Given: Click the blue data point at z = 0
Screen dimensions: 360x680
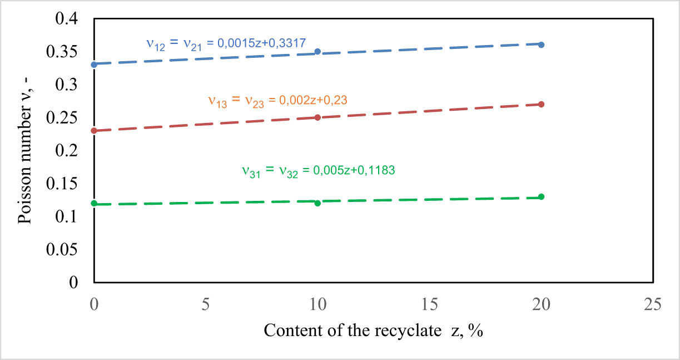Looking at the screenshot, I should click(x=94, y=65).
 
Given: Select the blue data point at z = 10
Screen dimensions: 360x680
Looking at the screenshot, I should click(x=317, y=52).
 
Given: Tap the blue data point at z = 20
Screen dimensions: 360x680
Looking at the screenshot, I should click(x=541, y=45).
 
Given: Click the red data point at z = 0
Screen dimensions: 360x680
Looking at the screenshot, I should click(x=94, y=131).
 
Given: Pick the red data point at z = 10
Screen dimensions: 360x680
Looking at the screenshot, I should click(x=317, y=117).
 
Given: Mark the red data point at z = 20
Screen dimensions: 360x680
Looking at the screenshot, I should click(x=541, y=105).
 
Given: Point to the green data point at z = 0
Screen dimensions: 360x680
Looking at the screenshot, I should click(x=94, y=204).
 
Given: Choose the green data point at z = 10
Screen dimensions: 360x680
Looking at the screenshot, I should click(x=317, y=203).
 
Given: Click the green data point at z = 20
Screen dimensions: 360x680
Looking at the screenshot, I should click(x=541, y=196).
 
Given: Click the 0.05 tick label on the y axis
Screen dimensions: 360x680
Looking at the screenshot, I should click(x=67, y=250).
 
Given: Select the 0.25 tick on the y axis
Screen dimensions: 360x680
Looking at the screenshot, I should click(x=67, y=118).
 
